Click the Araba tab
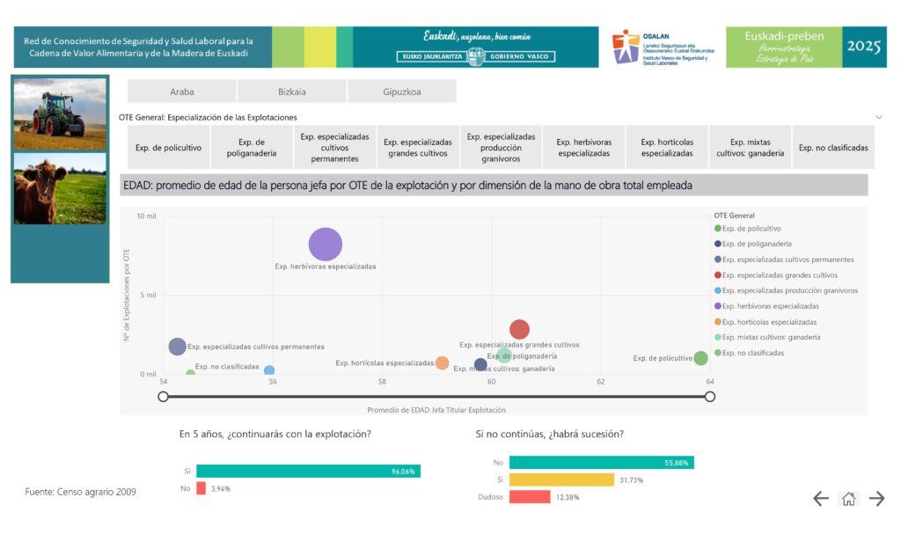point(181,91)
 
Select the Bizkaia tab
point(291,91)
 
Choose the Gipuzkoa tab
point(401,91)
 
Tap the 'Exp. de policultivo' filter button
point(168,148)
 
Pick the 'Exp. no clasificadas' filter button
point(832,148)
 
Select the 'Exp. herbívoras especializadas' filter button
point(583,148)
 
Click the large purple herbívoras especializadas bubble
point(325,245)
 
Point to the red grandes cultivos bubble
point(519,329)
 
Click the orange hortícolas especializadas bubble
point(442,362)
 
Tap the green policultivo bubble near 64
point(700,358)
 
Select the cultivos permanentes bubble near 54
point(178,347)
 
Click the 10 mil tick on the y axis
point(147,216)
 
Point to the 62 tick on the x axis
point(601,382)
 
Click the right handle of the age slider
point(710,397)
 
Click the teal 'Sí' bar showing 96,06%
point(308,472)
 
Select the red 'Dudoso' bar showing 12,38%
point(530,497)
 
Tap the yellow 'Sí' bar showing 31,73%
point(561,479)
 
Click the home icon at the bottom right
point(848,499)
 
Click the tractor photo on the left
point(59,114)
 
